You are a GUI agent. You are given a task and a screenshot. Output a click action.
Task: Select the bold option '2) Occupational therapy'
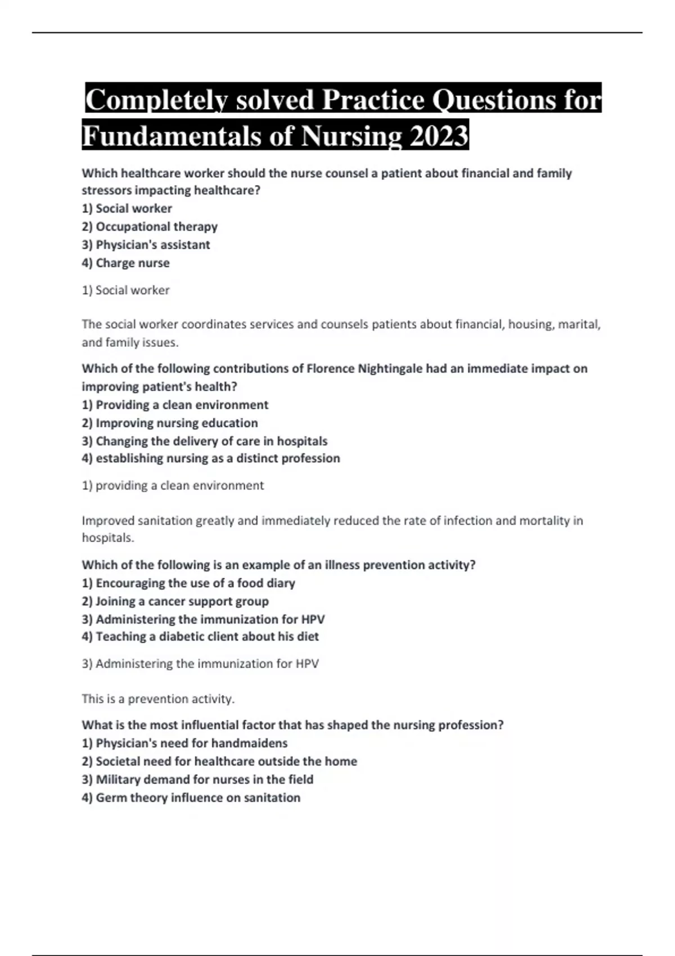click(x=150, y=227)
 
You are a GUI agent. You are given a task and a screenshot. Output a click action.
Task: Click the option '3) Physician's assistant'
click(x=146, y=245)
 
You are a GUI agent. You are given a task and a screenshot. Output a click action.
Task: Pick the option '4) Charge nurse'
click(x=125, y=263)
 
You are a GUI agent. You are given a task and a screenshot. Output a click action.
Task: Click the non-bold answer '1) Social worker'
click(x=125, y=290)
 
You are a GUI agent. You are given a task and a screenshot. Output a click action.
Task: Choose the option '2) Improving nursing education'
click(x=170, y=423)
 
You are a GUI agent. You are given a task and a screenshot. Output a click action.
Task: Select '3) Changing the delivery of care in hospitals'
click(x=205, y=441)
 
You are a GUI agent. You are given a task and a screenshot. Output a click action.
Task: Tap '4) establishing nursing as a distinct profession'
click(x=211, y=458)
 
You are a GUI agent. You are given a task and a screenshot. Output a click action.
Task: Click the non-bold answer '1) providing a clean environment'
click(x=173, y=485)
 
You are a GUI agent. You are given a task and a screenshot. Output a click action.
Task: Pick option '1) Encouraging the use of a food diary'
click(x=188, y=583)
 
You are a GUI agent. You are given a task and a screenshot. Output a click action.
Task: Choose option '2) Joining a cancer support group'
click(x=175, y=601)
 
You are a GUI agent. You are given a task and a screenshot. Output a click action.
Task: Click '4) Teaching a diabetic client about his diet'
click(x=200, y=637)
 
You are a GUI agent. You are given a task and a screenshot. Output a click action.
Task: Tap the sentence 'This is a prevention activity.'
click(x=158, y=699)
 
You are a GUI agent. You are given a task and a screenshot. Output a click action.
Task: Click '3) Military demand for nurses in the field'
click(x=197, y=779)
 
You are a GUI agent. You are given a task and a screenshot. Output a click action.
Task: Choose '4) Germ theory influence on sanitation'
click(x=191, y=797)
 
